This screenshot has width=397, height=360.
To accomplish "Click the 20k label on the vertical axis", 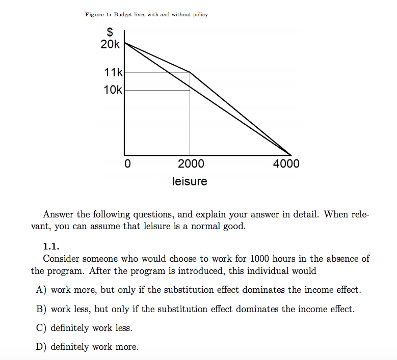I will tap(110, 45).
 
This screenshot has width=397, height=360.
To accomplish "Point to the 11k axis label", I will tap(113, 73).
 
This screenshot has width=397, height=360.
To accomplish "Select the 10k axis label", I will tap(113, 90).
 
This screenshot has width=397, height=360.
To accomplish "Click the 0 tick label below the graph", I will tap(128, 164).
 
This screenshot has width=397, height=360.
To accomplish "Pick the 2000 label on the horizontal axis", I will tap(191, 164).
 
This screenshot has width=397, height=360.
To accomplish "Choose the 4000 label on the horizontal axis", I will tap(286, 164).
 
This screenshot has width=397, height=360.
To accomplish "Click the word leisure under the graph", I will tap(190, 181).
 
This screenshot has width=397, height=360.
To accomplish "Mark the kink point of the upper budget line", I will tap(190, 72).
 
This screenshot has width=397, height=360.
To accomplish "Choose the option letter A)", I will tap(41, 290).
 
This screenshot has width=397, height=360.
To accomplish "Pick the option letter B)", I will tap(41, 309).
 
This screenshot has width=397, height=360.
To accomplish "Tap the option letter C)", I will tap(41, 328).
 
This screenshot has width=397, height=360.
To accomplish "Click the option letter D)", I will tap(41, 347).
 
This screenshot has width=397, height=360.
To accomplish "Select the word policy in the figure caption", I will tap(200, 14).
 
